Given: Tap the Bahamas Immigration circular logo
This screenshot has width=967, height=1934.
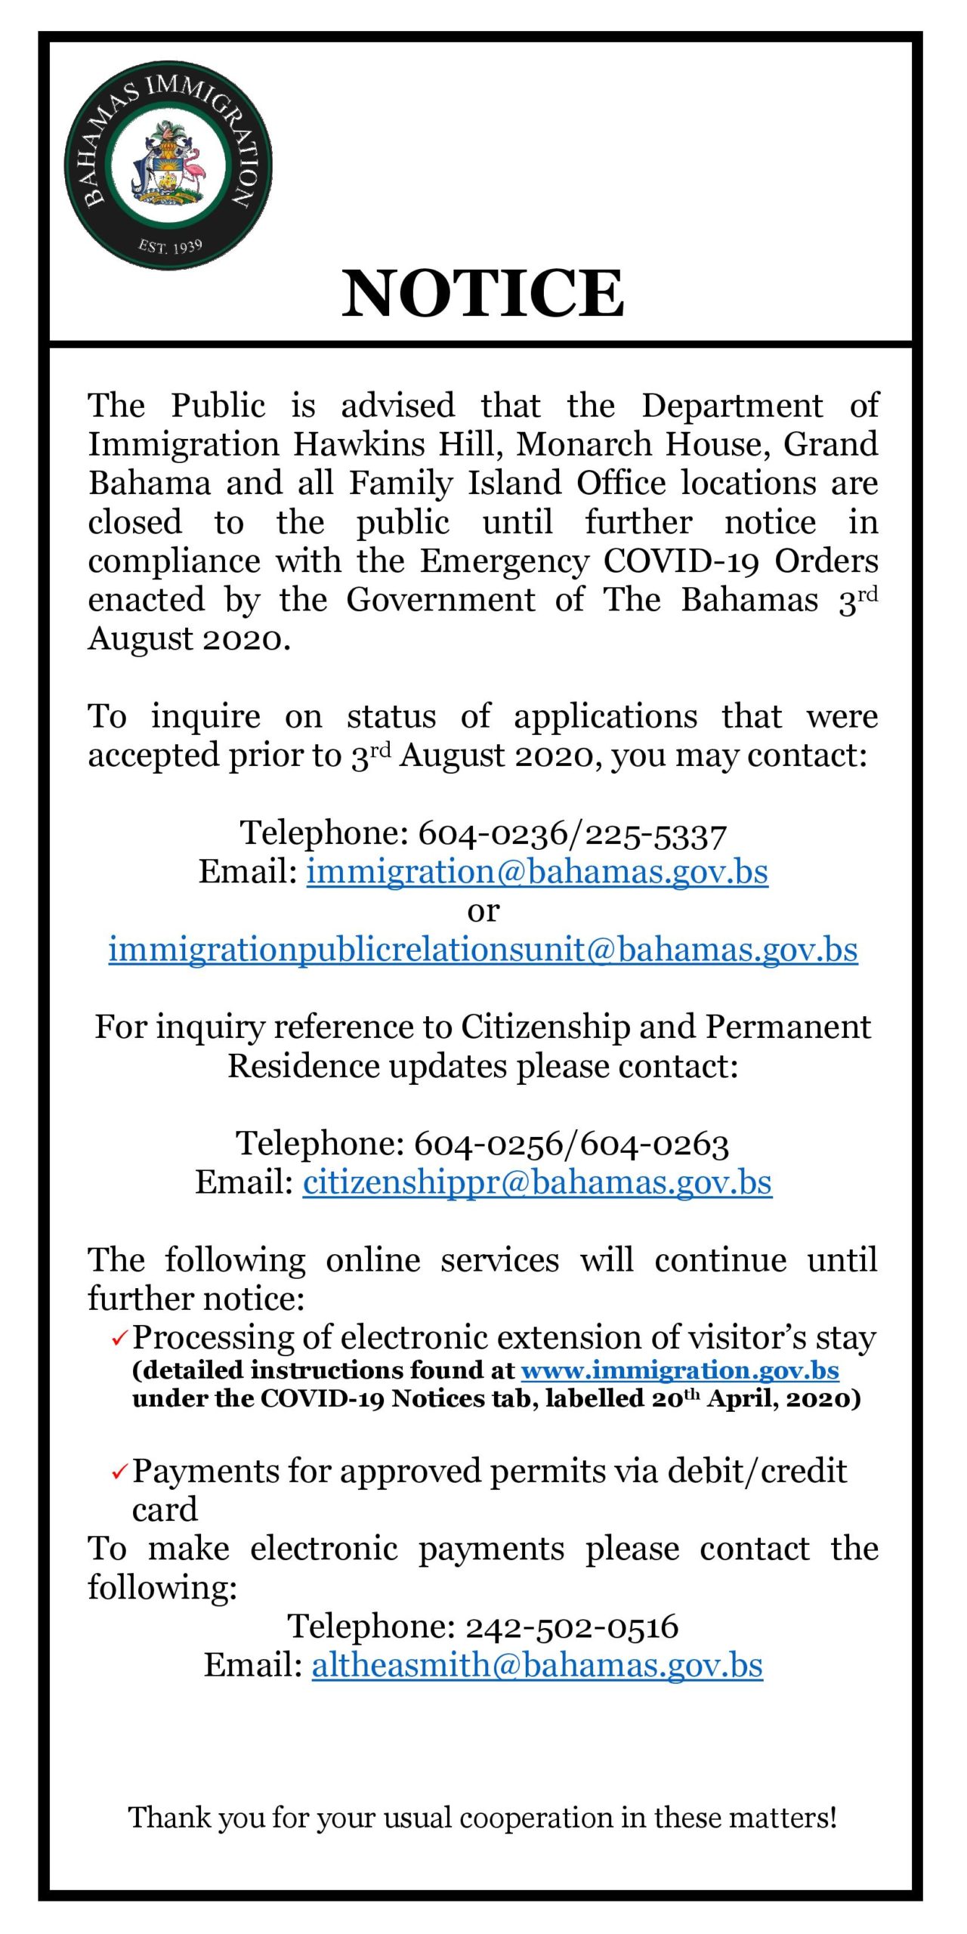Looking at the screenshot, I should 168,165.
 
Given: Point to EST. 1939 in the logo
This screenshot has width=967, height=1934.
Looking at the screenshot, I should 170,246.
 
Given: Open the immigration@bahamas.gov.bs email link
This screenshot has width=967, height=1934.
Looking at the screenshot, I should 536,872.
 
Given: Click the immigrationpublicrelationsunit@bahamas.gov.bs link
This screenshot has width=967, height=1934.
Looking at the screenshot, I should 483,950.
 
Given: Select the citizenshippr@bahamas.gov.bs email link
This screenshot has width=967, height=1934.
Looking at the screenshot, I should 537,1182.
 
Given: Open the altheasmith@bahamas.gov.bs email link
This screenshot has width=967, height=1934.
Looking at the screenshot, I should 537,1665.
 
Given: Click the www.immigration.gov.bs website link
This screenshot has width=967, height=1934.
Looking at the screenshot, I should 680,1370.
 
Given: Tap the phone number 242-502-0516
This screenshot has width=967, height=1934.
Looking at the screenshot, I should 572,1627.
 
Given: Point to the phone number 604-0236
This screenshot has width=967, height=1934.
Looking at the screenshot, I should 492,833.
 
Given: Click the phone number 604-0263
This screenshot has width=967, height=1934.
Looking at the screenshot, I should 655,1144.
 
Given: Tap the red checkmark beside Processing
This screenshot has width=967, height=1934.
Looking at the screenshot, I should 119,1339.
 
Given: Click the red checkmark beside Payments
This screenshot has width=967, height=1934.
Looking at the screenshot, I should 119,1472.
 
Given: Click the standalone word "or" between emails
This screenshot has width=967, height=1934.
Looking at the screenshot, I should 483,911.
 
